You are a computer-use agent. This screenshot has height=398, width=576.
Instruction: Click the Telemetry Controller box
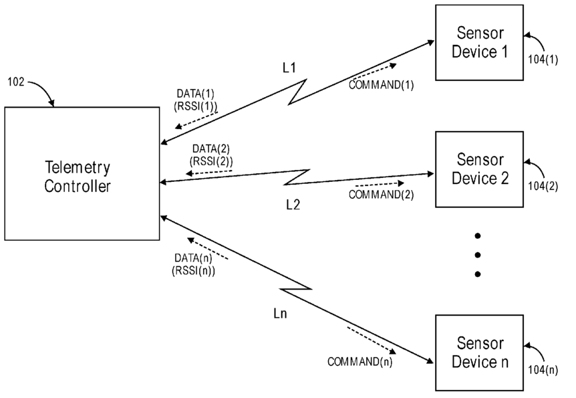click(x=82, y=174)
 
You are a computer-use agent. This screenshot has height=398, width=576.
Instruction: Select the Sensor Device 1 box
click(x=479, y=42)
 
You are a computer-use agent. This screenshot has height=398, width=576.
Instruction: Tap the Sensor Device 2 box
click(x=479, y=169)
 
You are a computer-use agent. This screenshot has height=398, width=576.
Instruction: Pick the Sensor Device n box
click(x=479, y=353)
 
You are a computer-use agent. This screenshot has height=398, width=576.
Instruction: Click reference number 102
click(x=16, y=82)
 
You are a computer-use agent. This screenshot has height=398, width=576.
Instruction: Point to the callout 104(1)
click(x=543, y=60)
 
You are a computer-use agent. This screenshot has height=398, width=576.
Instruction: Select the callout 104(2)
click(x=543, y=186)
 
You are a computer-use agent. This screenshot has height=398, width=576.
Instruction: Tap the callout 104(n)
click(x=543, y=370)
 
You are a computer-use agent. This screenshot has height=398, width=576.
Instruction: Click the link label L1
click(x=289, y=68)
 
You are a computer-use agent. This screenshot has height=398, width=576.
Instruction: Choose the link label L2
click(x=293, y=205)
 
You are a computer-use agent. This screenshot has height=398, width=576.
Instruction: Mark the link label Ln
click(x=280, y=314)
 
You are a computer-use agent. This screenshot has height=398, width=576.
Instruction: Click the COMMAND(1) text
click(x=382, y=85)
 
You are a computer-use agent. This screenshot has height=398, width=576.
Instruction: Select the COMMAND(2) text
click(x=382, y=195)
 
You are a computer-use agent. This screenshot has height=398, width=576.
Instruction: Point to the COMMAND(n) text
click(x=360, y=362)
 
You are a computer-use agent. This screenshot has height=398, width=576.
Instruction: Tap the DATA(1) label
click(x=195, y=94)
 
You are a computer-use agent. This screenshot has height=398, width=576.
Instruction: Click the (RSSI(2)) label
click(x=211, y=161)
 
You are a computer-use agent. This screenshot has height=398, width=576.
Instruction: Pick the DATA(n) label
click(x=193, y=258)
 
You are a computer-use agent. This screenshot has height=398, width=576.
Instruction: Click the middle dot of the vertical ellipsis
click(x=478, y=255)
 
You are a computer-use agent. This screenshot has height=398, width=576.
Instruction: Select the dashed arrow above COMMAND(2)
click(x=380, y=184)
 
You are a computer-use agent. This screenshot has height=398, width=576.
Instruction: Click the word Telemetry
click(x=78, y=168)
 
